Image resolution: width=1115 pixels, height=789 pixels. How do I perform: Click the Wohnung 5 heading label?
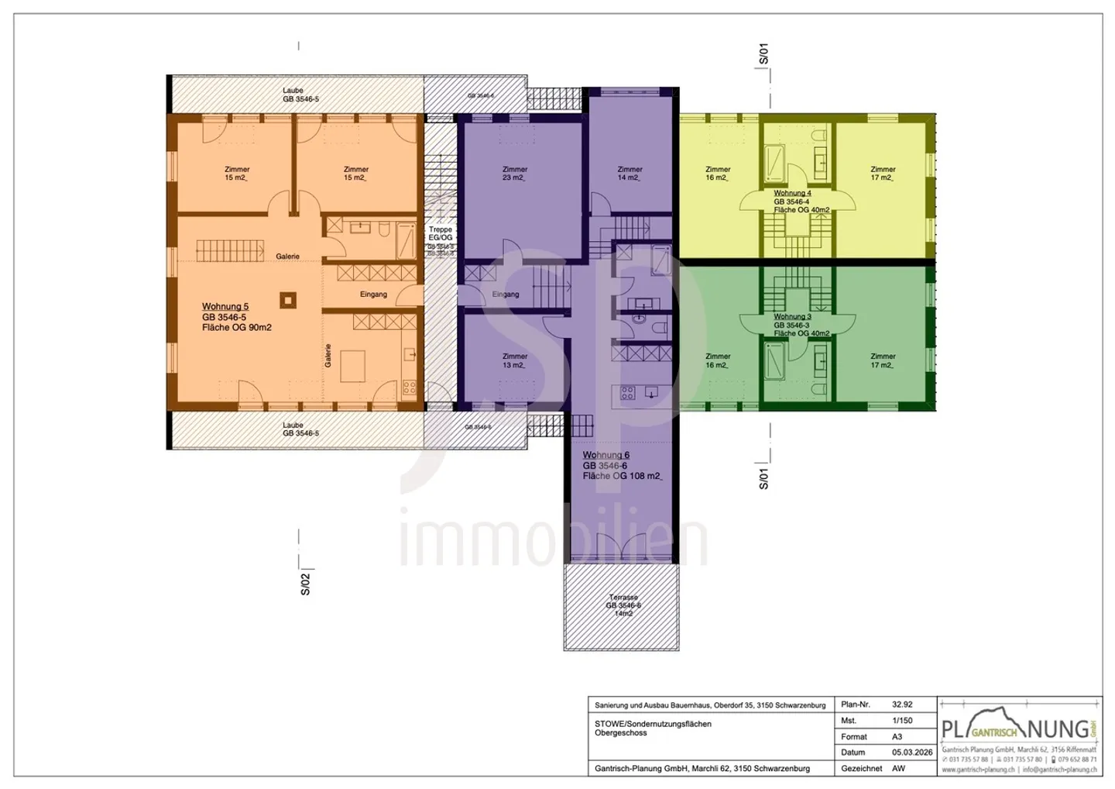click(225, 307)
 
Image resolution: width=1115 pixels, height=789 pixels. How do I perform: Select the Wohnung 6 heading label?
click(606, 456)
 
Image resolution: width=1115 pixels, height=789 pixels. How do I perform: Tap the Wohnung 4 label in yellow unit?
click(792, 194)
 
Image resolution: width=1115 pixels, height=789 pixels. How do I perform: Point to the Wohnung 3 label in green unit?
click(792, 317)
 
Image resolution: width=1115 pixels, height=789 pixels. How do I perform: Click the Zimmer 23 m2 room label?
click(515, 174)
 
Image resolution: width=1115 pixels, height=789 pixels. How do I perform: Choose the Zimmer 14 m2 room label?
click(630, 174)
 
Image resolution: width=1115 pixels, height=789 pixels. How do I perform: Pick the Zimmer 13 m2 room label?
click(515, 361)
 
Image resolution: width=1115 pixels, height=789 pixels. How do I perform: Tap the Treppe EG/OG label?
click(441, 233)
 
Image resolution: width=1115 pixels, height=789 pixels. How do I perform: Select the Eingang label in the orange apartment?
click(373, 295)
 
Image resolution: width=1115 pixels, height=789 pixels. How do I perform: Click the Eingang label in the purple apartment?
click(506, 295)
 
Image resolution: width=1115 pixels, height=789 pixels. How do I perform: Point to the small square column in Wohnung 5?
click(288, 300)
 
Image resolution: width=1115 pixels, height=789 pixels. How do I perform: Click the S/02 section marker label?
click(305, 584)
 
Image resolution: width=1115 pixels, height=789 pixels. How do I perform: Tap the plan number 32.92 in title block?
click(902, 705)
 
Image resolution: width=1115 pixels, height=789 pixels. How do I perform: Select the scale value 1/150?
click(902, 721)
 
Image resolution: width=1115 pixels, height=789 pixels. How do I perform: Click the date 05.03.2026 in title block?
click(911, 753)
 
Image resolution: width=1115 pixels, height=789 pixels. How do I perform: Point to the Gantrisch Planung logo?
click(1018, 729)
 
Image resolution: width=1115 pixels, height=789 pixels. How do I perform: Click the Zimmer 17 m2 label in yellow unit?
click(883, 174)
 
